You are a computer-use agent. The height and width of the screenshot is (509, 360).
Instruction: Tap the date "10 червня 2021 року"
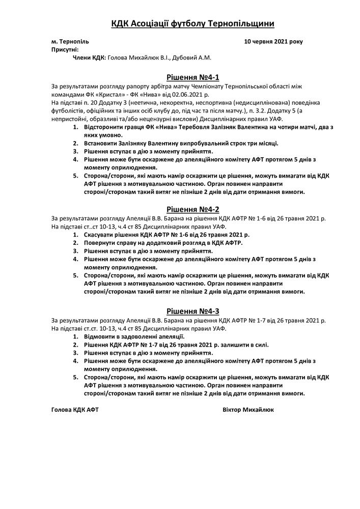(x=273, y=41)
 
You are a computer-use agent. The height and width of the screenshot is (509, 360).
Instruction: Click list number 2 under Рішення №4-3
(x=75, y=345)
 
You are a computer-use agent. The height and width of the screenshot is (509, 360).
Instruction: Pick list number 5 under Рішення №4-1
(x=75, y=176)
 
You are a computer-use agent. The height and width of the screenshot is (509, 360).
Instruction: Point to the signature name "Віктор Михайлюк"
(x=248, y=410)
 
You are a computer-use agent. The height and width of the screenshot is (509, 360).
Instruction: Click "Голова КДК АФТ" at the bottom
(x=75, y=410)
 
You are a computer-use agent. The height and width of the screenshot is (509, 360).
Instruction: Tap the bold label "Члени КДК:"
(x=90, y=58)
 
